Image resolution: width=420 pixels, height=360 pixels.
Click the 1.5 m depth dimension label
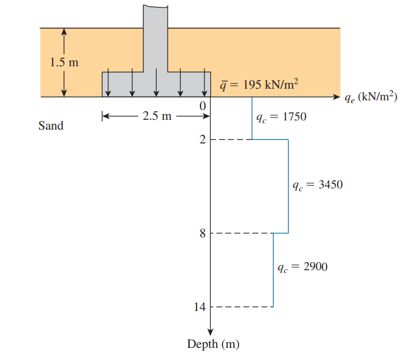(64, 63)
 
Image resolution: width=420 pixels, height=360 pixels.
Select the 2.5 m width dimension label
(157, 116)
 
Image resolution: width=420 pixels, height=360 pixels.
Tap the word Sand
(51, 126)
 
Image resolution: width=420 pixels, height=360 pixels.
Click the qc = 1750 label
(281, 117)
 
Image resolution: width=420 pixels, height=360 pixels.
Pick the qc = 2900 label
(302, 267)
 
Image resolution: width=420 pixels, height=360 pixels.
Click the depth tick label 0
(202, 107)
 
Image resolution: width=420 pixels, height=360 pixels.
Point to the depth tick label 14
(199, 307)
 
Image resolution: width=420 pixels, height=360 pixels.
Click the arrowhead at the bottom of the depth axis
(210, 330)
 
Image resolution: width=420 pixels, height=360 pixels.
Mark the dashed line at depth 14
(242, 307)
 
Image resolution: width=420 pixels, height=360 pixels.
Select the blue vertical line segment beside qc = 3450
(288, 186)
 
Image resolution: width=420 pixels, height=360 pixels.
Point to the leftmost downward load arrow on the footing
(108, 84)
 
